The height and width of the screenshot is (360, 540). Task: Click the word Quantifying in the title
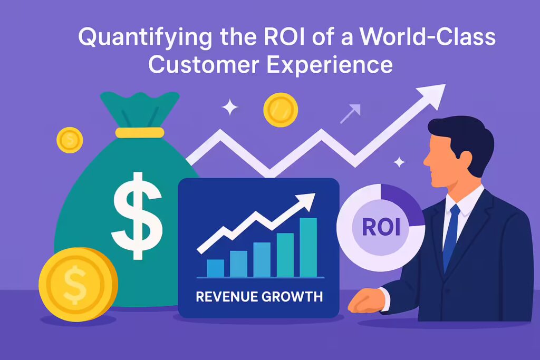click(144, 37)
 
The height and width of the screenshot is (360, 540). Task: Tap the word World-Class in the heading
click(428, 36)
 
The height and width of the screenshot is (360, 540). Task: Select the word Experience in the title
click(330, 65)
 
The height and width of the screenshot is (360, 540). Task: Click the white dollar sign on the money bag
click(137, 216)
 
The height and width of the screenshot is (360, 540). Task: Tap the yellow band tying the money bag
click(139, 132)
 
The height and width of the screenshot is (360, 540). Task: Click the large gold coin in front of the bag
click(78, 284)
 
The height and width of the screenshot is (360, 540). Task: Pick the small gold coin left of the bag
click(70, 140)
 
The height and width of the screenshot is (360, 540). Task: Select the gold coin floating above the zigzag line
click(281, 110)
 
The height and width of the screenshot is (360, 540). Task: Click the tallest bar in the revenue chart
click(308, 247)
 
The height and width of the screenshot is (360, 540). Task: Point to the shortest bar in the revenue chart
click(215, 268)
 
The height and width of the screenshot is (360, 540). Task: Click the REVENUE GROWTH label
click(259, 297)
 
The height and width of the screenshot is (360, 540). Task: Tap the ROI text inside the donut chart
click(381, 228)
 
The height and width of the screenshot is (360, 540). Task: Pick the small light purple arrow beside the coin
click(350, 113)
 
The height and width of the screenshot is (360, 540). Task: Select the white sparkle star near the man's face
click(399, 162)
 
